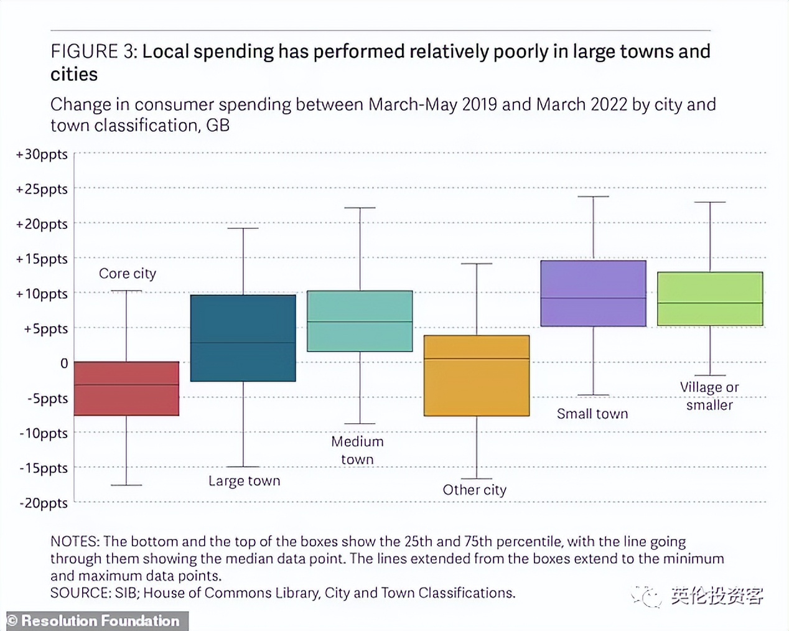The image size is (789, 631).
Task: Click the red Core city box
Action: [126, 388]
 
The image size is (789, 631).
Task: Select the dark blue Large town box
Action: [243, 338]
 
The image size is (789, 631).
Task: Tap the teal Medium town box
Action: [360, 321]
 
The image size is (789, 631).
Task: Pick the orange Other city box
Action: [477, 375]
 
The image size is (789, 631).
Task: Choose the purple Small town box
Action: [593, 293]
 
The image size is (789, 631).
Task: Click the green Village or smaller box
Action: [710, 299]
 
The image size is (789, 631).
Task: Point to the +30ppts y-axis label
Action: [42, 154]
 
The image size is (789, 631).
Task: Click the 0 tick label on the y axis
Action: [64, 363]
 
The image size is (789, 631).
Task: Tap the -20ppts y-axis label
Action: [44, 503]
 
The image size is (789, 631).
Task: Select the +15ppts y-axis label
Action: [42, 259]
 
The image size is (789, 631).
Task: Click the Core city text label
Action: [128, 274]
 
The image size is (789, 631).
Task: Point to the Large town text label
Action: [244, 481]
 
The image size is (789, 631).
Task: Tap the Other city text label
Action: [474, 490]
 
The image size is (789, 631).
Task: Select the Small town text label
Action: [592, 414]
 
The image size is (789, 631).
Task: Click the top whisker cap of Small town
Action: [593, 197]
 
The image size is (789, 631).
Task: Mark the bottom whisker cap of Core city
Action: [126, 485]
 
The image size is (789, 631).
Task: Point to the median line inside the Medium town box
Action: [360, 322]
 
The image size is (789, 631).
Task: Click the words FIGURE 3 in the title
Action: [93, 52]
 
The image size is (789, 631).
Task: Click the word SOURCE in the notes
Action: [80, 593]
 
